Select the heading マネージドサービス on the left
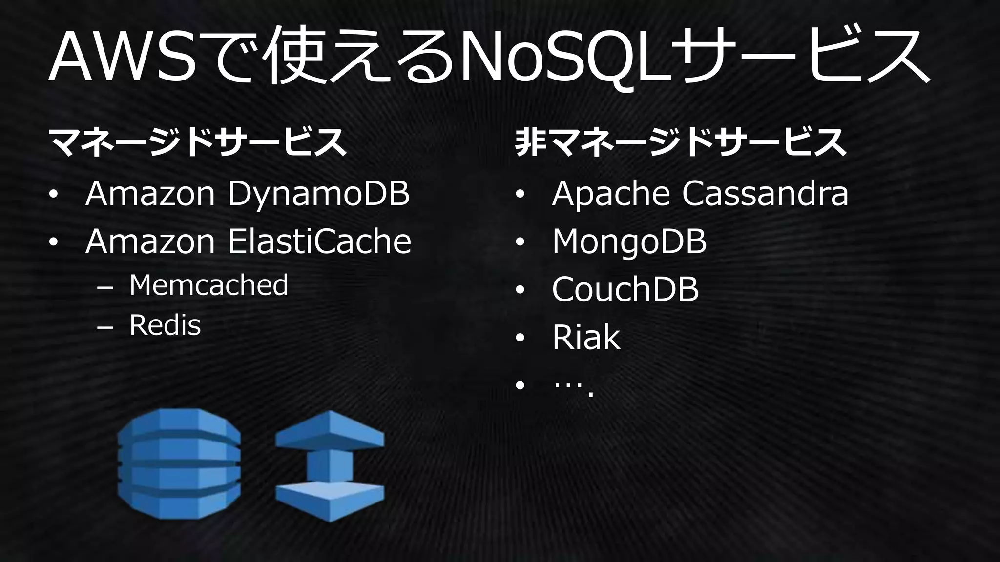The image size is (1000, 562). point(198,142)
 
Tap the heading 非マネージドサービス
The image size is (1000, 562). point(681,142)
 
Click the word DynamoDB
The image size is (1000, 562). point(318,195)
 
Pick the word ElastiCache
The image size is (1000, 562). point(320,241)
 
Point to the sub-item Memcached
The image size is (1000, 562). point(208,285)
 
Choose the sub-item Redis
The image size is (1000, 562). point(165,325)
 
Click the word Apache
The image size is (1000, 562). point(610,194)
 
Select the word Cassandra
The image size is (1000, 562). point(765,194)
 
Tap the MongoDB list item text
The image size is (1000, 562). point(629,241)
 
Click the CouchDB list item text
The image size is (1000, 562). point(625,289)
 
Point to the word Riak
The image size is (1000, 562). point(586,337)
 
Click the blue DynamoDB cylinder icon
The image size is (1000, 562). point(179,464)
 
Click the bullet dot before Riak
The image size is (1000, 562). point(520,338)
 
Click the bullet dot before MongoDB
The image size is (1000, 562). point(520,242)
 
